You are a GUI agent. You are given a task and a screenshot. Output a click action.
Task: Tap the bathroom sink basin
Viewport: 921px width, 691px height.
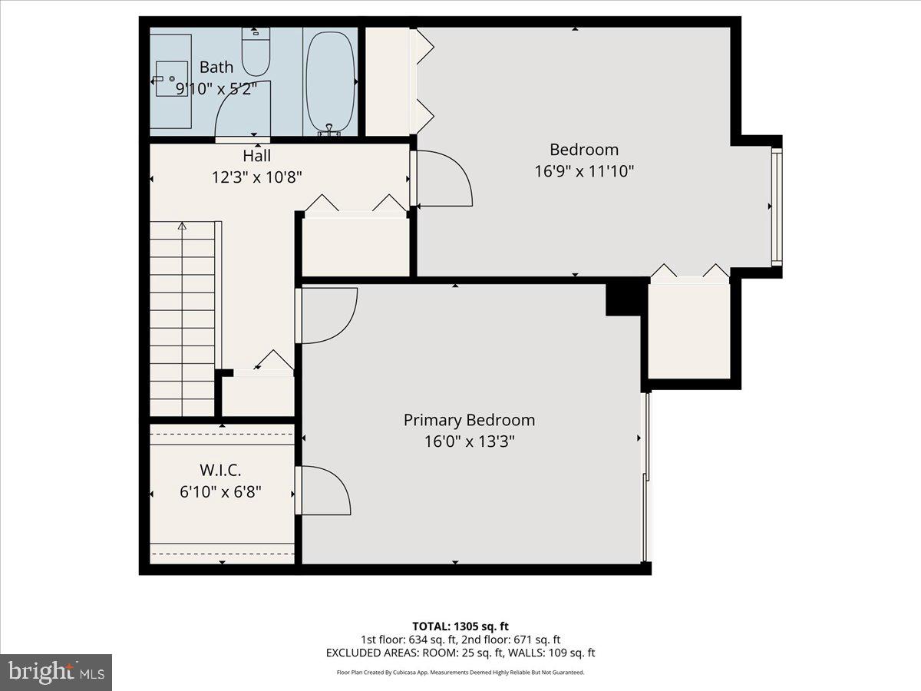172,79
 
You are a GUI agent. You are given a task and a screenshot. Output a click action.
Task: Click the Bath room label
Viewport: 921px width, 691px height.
216,68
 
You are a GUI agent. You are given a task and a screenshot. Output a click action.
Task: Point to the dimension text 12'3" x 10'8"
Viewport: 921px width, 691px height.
257,177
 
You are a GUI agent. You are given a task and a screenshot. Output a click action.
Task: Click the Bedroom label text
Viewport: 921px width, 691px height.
584,150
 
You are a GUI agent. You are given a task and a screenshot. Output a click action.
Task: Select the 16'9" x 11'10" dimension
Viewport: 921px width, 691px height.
584,170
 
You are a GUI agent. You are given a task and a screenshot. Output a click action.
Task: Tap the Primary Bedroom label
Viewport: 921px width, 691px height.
469,420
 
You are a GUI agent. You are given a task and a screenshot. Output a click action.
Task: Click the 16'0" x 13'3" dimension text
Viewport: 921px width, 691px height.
469,441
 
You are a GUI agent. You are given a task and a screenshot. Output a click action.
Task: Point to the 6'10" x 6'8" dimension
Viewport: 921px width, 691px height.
221,491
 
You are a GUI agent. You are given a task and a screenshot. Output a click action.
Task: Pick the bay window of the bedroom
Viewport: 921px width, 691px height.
777,206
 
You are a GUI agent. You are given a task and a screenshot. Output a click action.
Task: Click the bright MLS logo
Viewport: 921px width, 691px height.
56,672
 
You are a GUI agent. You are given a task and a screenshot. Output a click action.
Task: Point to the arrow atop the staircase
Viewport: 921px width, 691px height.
182,226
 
